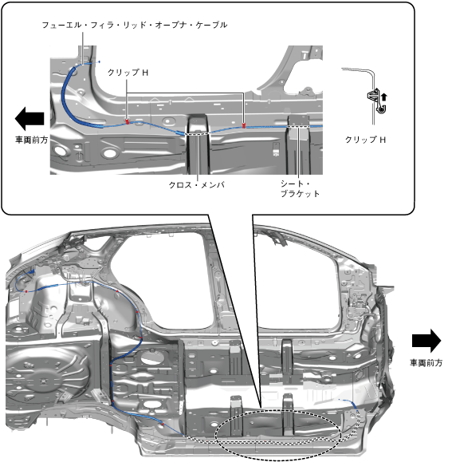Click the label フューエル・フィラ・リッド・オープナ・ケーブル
pyautogui.click(x=135, y=25)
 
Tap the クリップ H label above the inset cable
pyautogui.click(x=128, y=72)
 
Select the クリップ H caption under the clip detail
pyautogui.click(x=365, y=140)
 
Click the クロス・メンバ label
pyautogui.click(x=197, y=185)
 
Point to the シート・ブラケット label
pyautogui.click(x=300, y=188)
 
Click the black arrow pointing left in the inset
pyautogui.click(x=29, y=118)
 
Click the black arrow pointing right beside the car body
pyautogui.click(x=426, y=341)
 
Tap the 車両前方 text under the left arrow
pyautogui.click(x=31, y=140)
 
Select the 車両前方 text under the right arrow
pyautogui.click(x=426, y=363)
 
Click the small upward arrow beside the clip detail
pyautogui.click(x=384, y=97)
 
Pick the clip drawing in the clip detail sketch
pyautogui.click(x=376, y=101)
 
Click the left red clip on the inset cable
pyautogui.click(x=127, y=121)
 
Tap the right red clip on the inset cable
pyautogui.click(x=244, y=125)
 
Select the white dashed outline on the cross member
pyautogui.click(x=198, y=133)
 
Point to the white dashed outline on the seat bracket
pyautogui.click(x=298, y=126)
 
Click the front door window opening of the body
pyautogui.click(x=297, y=280)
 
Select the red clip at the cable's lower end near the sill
pyautogui.click(x=162, y=424)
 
